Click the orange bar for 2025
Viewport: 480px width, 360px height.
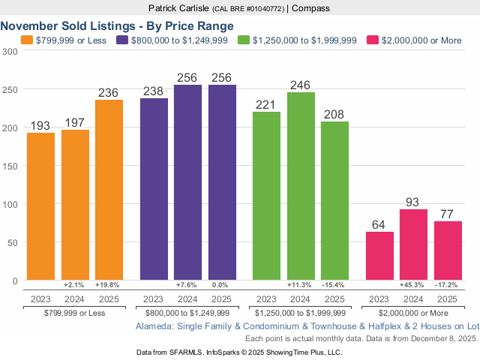pos(109,190)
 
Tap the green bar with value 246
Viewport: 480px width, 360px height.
pos(301,187)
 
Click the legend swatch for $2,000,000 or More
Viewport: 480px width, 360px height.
pos(372,40)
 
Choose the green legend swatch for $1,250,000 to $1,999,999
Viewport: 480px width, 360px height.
pos(244,40)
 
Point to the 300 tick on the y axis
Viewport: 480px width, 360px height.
pos(10,51)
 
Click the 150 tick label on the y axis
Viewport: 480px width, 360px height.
pos(10,166)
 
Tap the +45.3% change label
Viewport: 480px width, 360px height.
pos(414,286)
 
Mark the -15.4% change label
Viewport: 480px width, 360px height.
pos(334,286)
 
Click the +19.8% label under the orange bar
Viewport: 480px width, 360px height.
pos(109,286)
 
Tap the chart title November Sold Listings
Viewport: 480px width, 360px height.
pos(116,25)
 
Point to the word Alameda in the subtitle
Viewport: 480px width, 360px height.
pos(153,327)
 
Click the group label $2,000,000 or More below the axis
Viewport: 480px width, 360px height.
pos(414,312)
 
